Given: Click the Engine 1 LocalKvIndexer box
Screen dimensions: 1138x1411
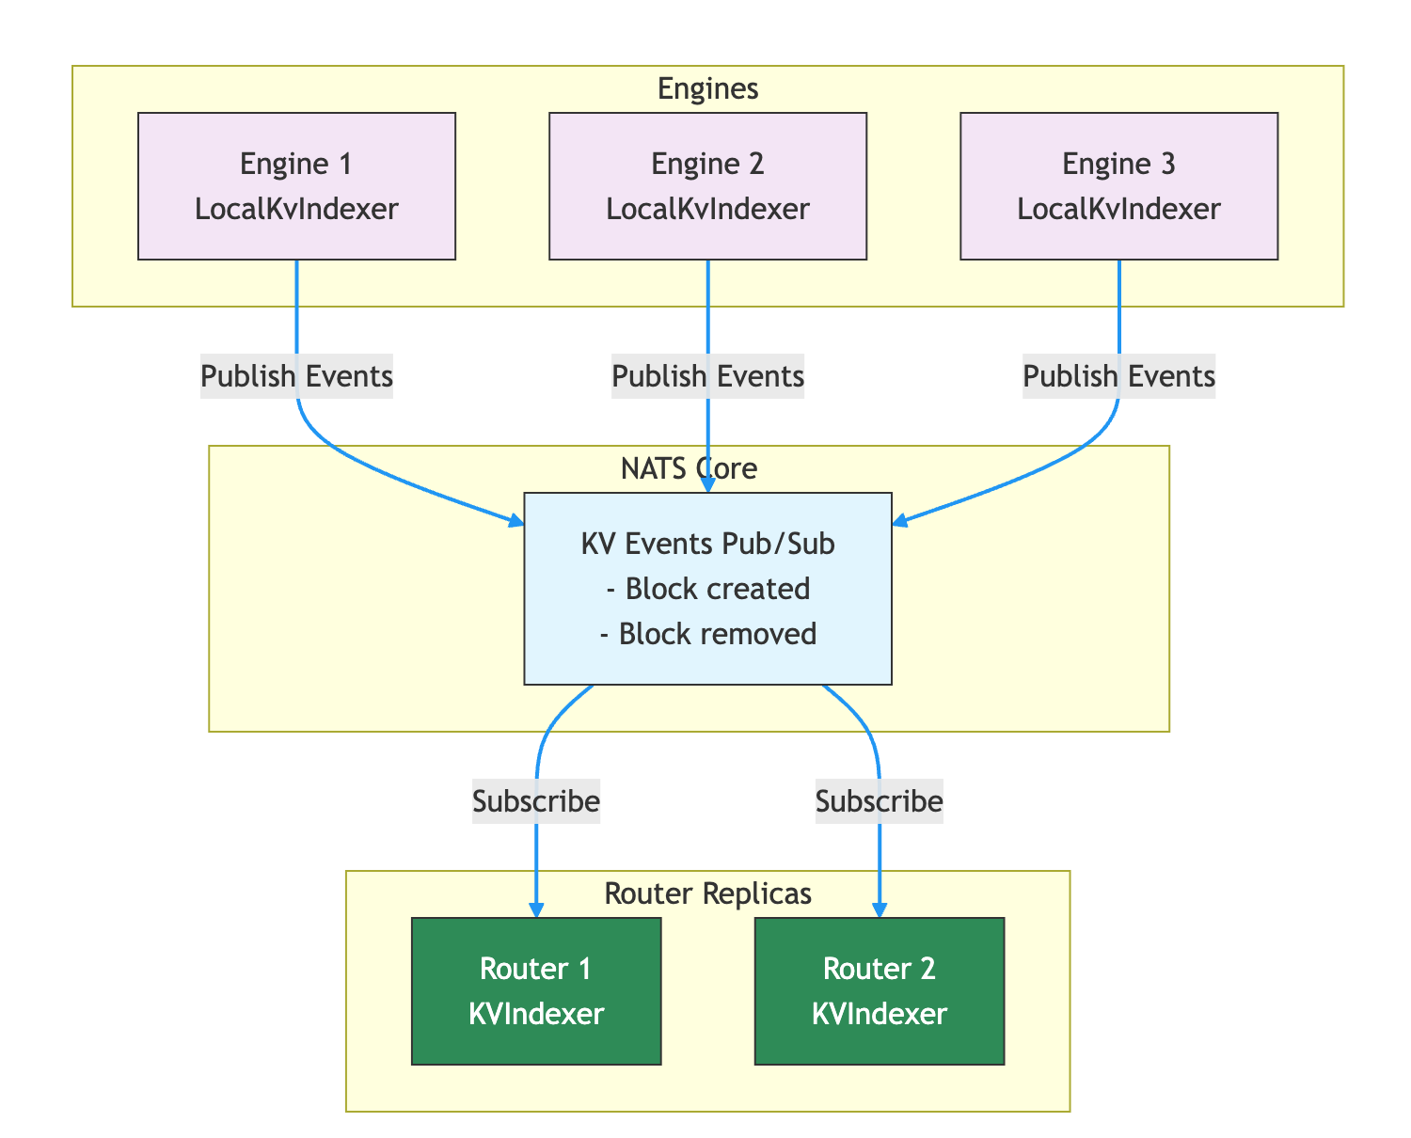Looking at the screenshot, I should pyautogui.click(x=296, y=186).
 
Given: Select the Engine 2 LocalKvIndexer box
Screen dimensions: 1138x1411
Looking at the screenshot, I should pyautogui.click(x=707, y=186).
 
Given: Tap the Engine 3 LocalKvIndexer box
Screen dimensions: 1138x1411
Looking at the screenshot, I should pyautogui.click(x=1118, y=186).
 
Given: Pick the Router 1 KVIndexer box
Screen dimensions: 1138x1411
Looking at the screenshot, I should pyautogui.click(x=536, y=990).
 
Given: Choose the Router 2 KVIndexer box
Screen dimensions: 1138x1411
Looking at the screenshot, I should pyautogui.click(x=880, y=990).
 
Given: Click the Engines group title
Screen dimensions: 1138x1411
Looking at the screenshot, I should pyautogui.click(x=707, y=88).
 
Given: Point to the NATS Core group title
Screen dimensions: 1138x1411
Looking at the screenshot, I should pyautogui.click(x=690, y=468).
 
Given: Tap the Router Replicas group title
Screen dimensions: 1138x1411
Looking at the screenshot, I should pyautogui.click(x=707, y=893).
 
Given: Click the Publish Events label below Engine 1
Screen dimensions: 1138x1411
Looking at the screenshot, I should pyautogui.click(x=296, y=377).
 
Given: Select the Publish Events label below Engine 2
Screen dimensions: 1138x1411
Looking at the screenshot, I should pyautogui.click(x=707, y=377).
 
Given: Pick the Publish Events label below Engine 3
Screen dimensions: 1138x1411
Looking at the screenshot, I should pyautogui.click(x=1118, y=377).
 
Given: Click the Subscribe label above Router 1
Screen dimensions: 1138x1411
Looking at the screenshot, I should pyautogui.click(x=536, y=802).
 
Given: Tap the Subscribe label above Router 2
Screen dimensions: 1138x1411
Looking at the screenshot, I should pyautogui.click(x=880, y=802).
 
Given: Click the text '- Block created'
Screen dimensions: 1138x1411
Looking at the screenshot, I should pyautogui.click(x=707, y=589).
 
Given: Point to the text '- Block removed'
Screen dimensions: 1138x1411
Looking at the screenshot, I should pyautogui.click(x=707, y=634).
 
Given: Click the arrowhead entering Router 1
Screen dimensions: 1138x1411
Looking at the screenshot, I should pyautogui.click(x=536, y=909).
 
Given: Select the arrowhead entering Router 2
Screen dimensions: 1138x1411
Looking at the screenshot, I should pyautogui.click(x=880, y=909).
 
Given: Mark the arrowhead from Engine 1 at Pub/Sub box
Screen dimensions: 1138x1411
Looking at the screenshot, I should pyautogui.click(x=516, y=520).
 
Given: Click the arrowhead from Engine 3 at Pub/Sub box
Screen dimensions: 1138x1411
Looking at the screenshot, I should pyautogui.click(x=898, y=520).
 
